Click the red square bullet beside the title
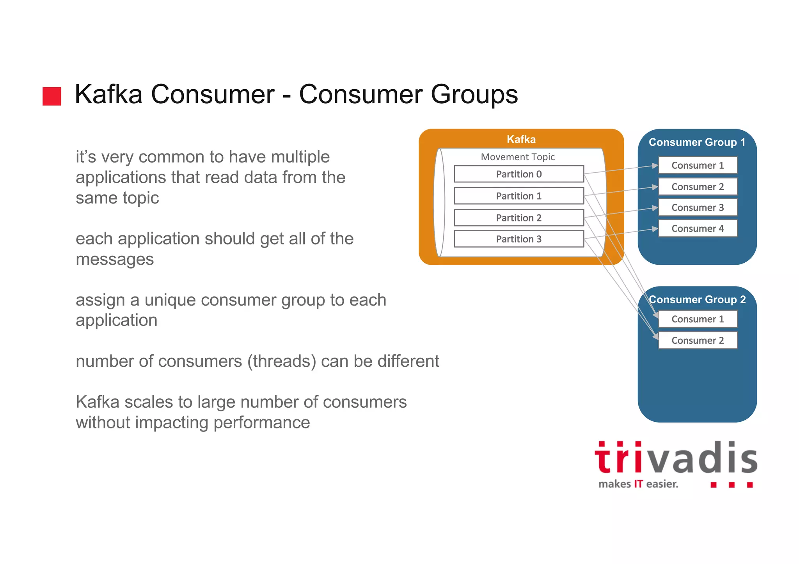(52, 96)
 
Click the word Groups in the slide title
(474, 95)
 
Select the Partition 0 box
(518, 174)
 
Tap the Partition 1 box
(518, 196)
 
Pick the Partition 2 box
(518, 218)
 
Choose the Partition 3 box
(518, 239)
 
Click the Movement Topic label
(518, 157)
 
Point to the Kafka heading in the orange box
(521, 140)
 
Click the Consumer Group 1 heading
(697, 142)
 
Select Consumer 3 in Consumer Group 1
(698, 208)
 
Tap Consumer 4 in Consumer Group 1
(698, 229)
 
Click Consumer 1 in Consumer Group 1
(698, 165)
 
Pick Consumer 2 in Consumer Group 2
(698, 341)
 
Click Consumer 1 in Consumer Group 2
(698, 319)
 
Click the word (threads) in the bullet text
(281, 361)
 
